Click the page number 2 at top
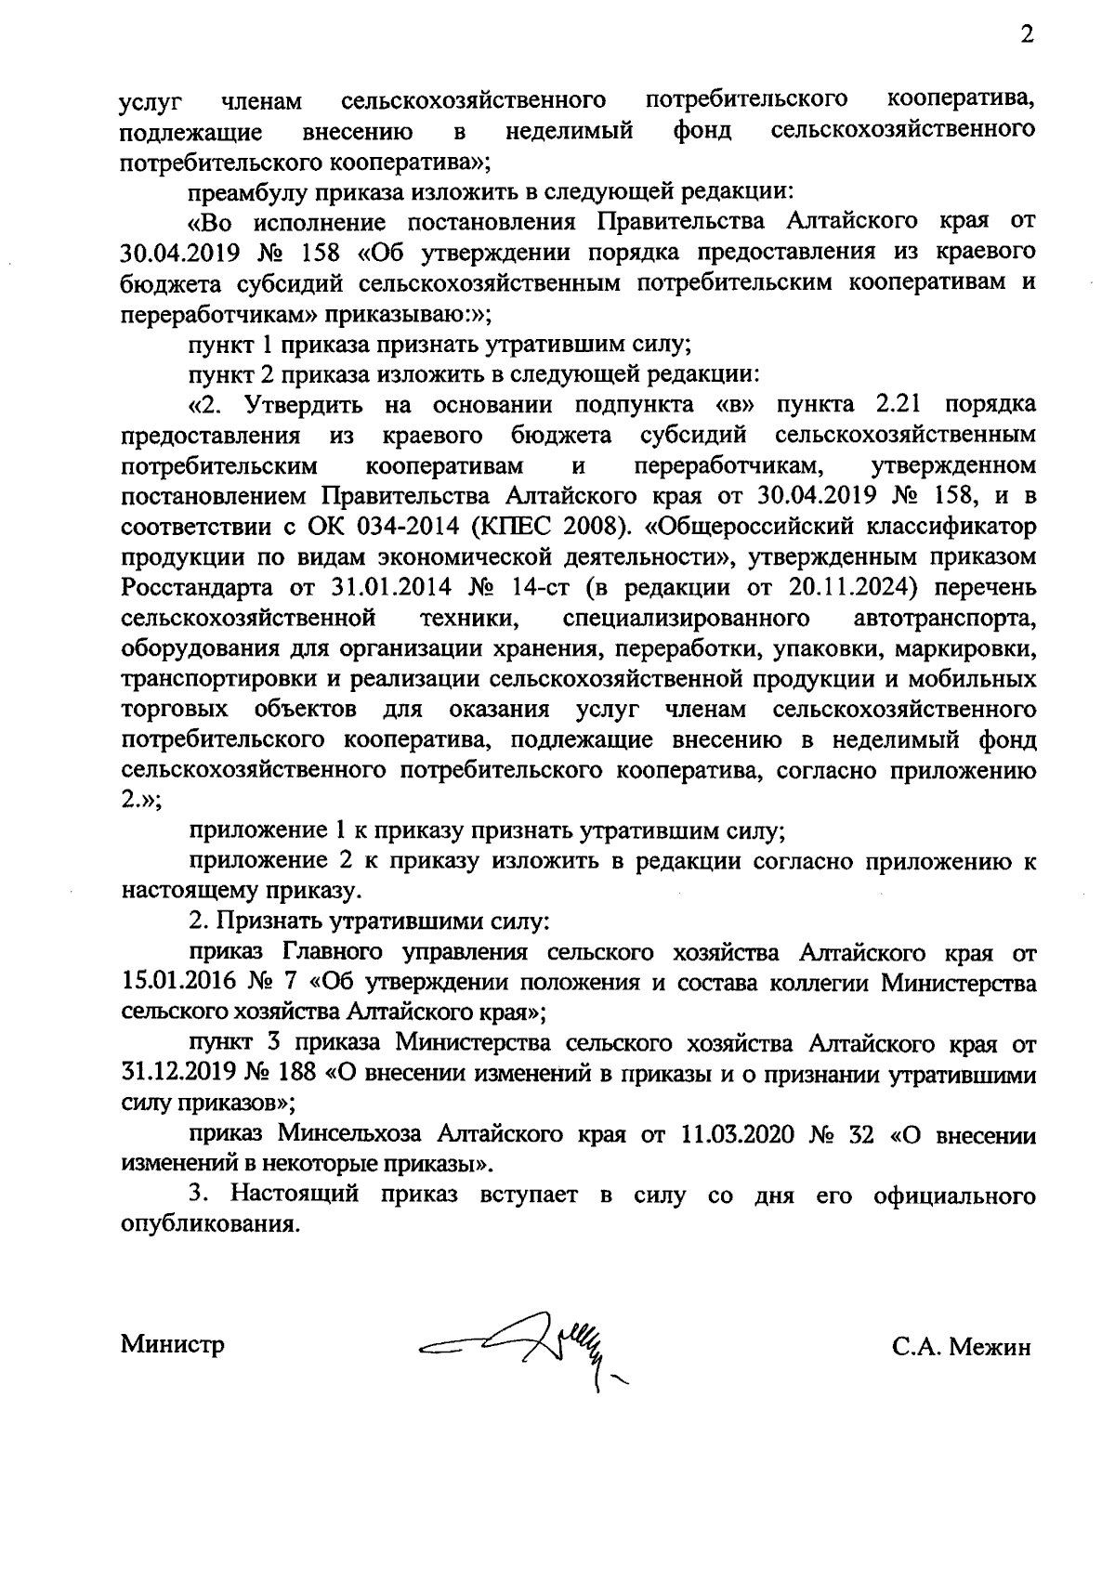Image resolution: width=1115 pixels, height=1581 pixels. click(1026, 36)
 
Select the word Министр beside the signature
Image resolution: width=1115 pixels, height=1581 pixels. click(173, 1344)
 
